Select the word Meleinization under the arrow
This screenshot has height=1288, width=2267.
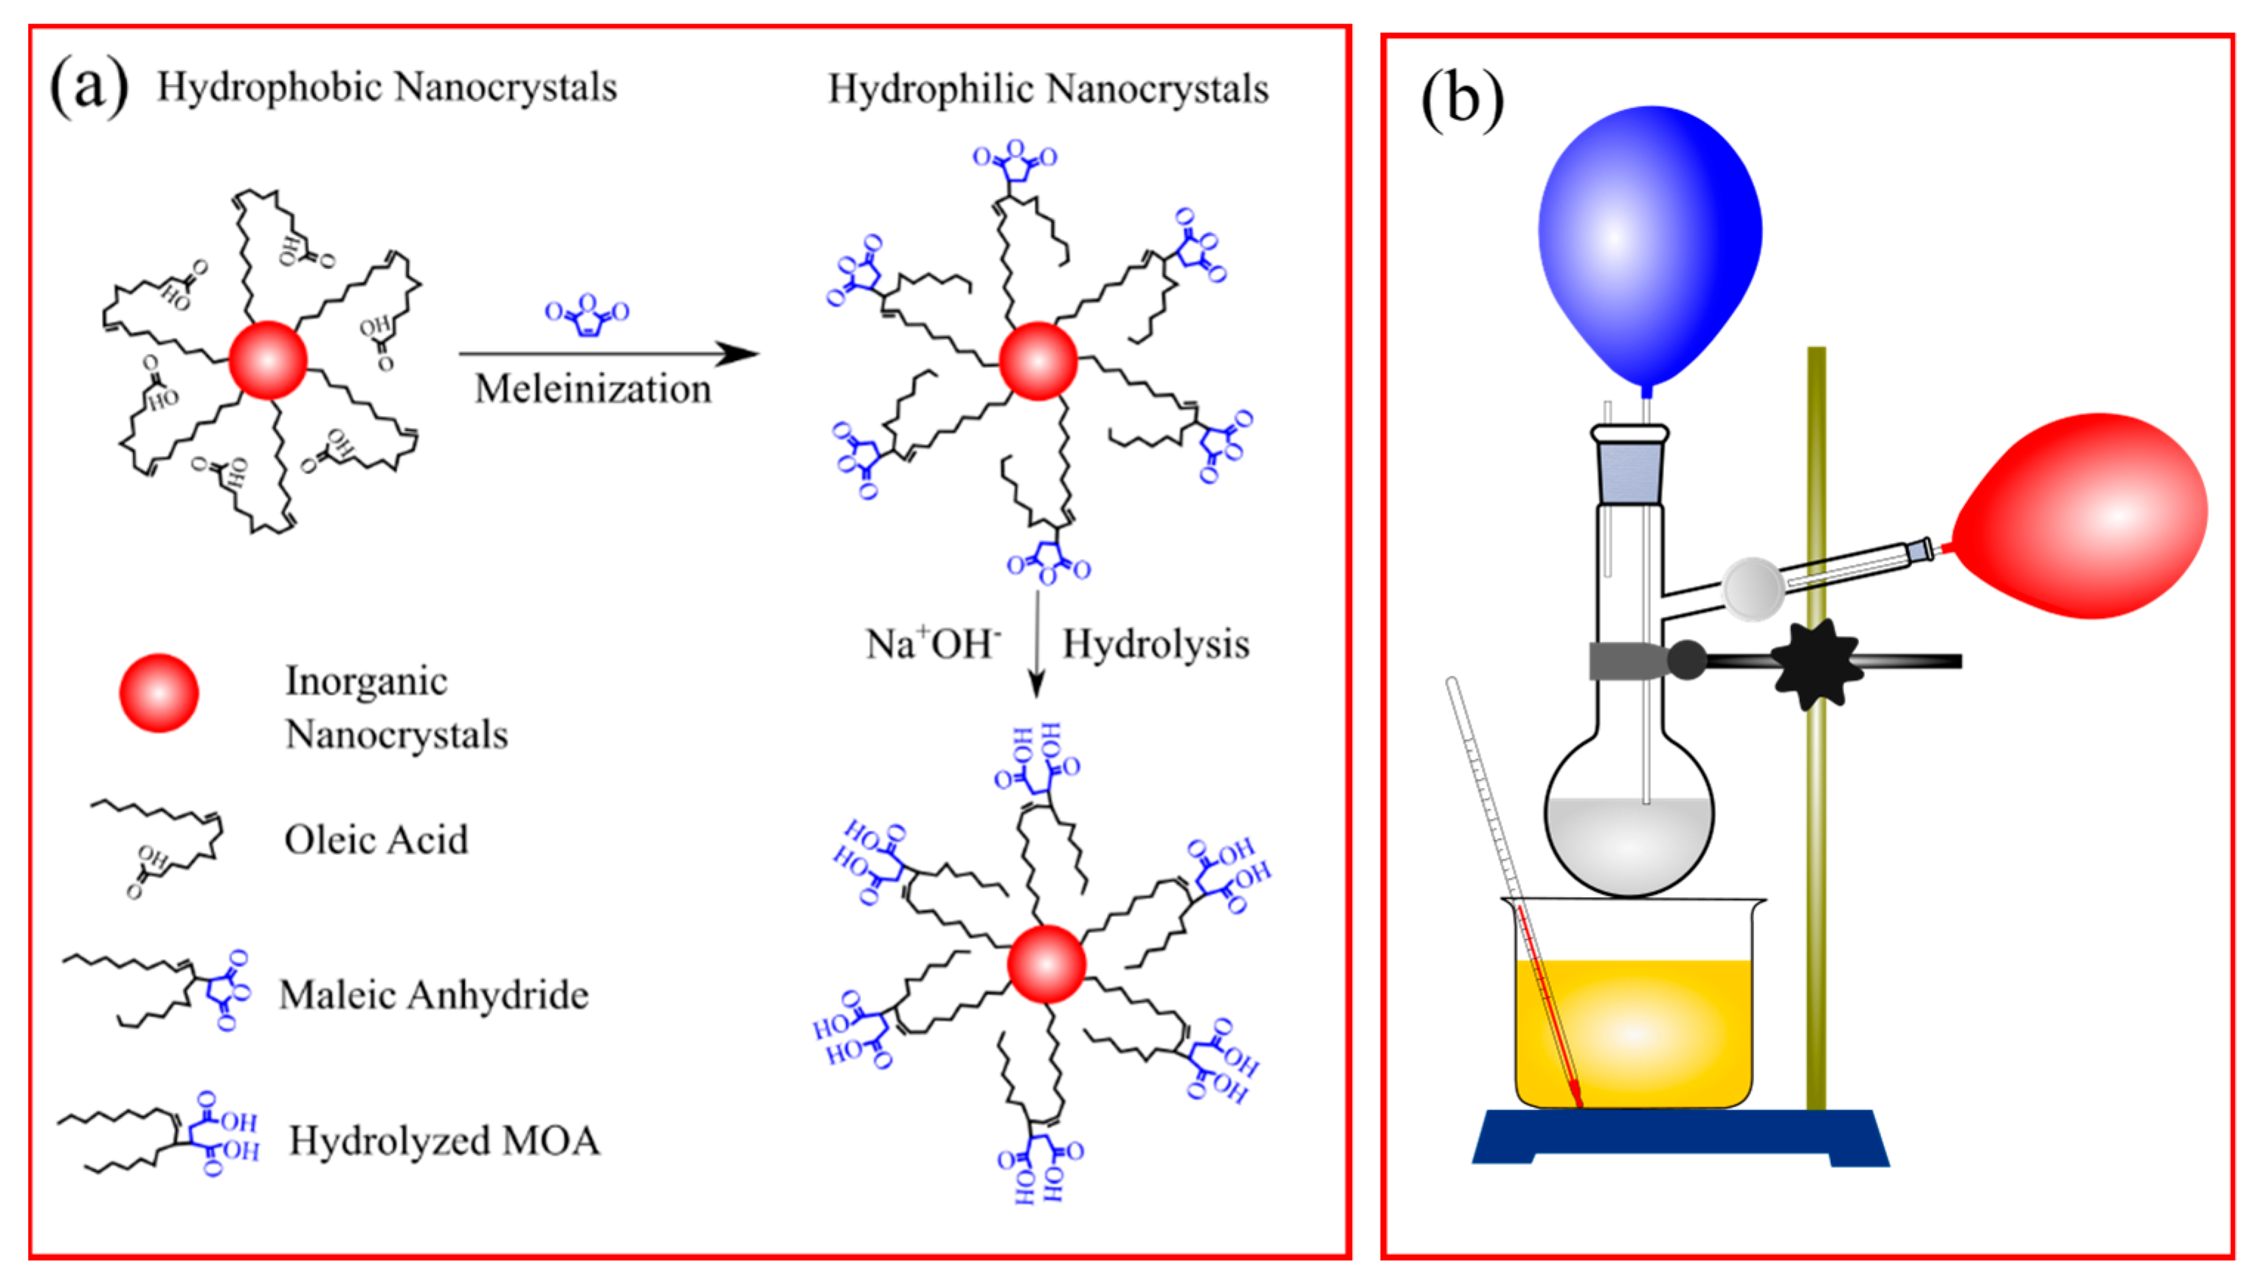point(593,389)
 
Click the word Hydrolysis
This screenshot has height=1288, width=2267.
point(1156,644)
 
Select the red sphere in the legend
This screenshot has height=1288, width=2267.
point(159,693)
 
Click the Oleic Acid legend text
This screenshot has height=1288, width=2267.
point(376,839)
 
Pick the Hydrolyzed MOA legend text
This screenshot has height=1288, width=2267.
point(444,1140)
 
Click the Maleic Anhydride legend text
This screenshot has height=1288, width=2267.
point(434,995)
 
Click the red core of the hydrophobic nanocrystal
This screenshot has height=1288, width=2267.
point(268,360)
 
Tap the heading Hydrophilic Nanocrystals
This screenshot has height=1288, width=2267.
point(1048,89)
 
